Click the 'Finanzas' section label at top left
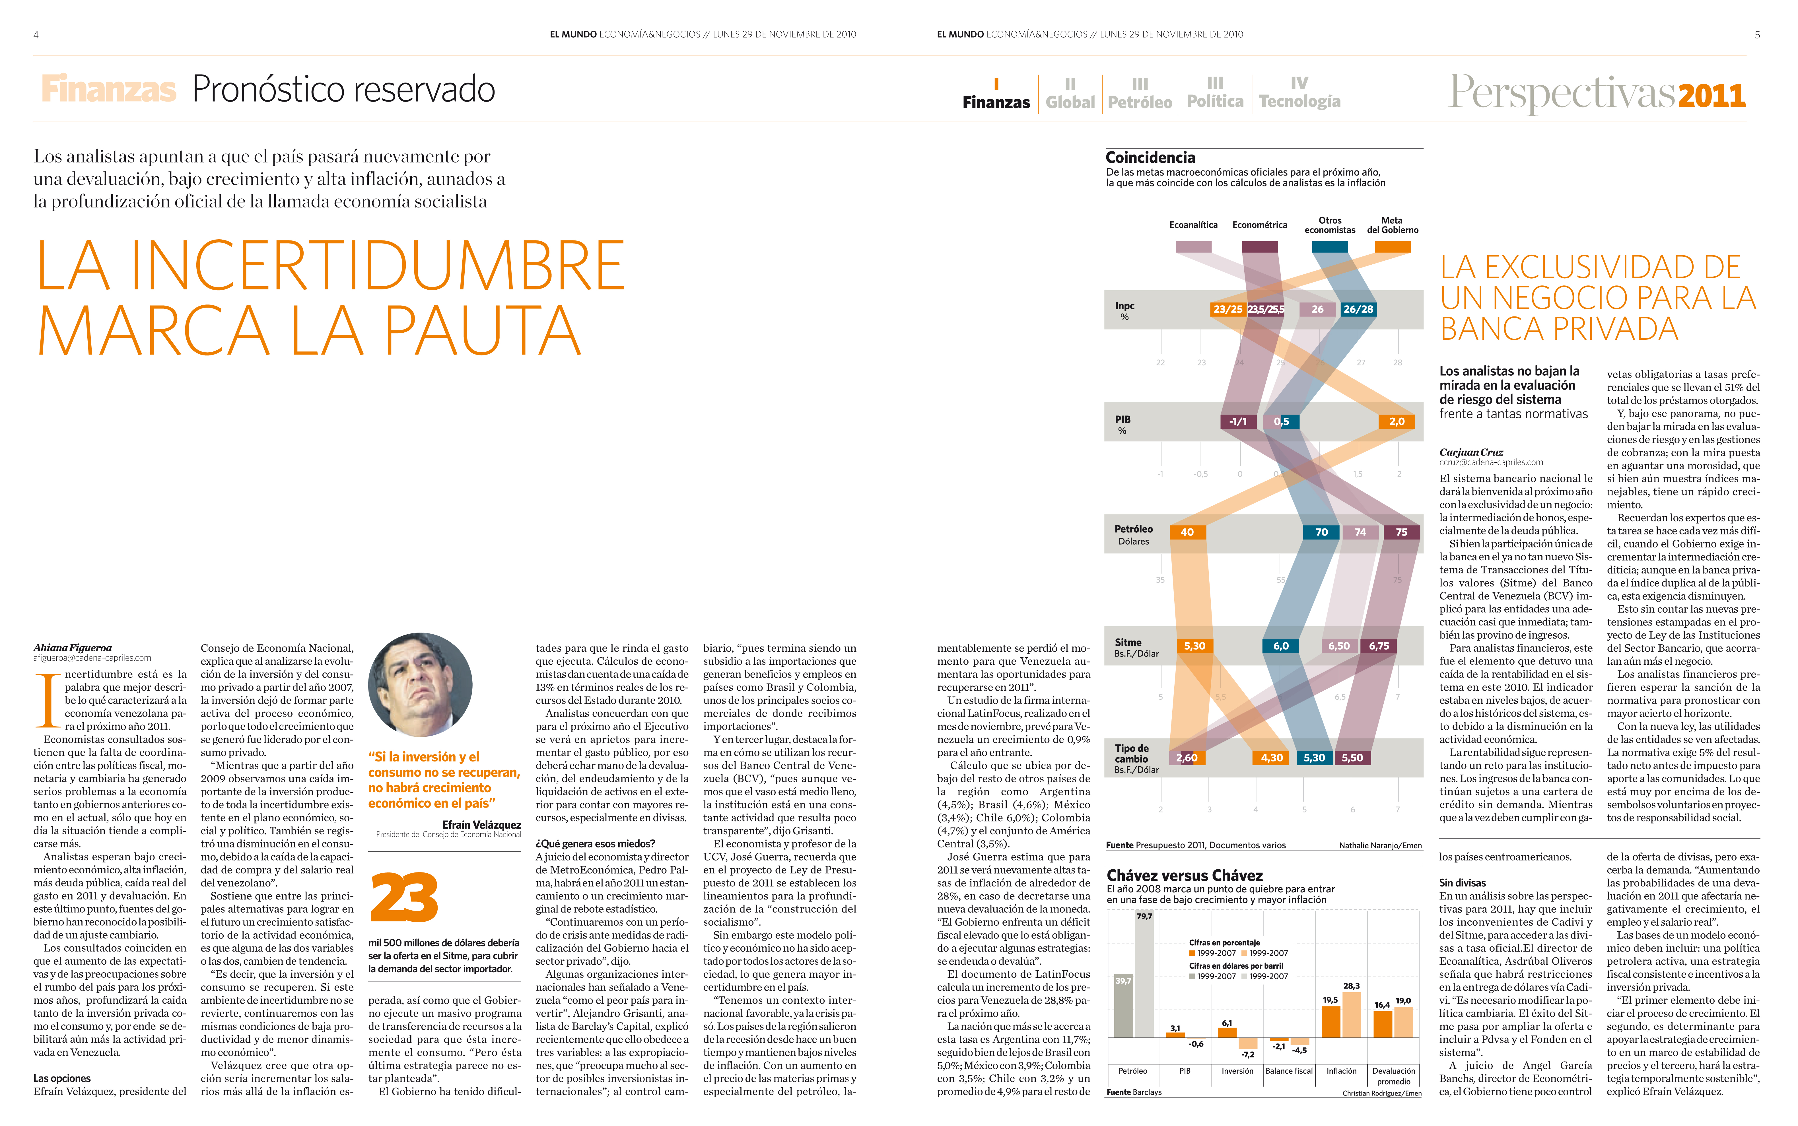(109, 89)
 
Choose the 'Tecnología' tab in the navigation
(1299, 93)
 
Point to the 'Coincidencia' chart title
(1150, 157)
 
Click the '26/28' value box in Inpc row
(1358, 309)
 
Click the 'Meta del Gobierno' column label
(1392, 225)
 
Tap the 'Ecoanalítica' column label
(1193, 225)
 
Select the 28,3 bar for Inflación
(1351, 1014)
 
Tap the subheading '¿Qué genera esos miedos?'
(595, 844)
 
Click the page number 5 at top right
(1757, 34)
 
